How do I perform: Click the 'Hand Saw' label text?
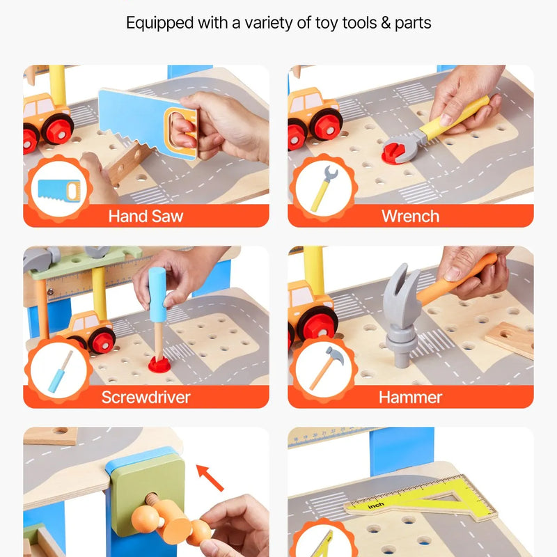click(146, 216)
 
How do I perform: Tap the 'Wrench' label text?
click(410, 216)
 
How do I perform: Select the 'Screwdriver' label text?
click(146, 397)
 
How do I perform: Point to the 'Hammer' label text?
click(410, 397)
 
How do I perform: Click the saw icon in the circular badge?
click(59, 190)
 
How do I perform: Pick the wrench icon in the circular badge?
click(324, 189)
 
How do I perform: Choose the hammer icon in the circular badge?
click(326, 368)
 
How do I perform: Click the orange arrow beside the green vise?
click(210, 478)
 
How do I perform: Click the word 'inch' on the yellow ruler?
click(375, 505)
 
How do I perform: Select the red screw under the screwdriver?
click(159, 364)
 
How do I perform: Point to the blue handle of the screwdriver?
click(157, 295)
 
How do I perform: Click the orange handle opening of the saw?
click(181, 132)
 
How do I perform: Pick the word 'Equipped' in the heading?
click(160, 24)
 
